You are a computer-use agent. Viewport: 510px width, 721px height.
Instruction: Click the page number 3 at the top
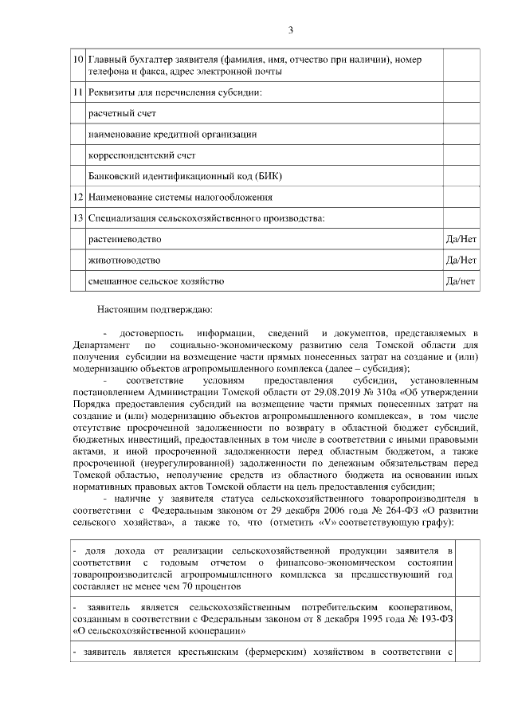(x=291, y=30)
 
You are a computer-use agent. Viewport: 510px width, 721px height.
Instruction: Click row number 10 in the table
(x=78, y=60)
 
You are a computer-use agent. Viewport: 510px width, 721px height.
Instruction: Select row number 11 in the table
(x=78, y=93)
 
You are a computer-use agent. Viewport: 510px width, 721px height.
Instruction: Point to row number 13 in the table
(x=78, y=217)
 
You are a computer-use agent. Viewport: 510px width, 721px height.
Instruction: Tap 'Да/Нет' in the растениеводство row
(x=461, y=239)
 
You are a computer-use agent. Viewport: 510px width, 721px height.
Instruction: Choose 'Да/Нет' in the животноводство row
(x=461, y=260)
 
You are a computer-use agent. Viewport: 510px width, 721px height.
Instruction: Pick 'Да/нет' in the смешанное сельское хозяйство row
(x=461, y=280)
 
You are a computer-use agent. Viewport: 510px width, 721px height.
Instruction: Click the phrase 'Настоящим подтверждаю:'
(x=155, y=308)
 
